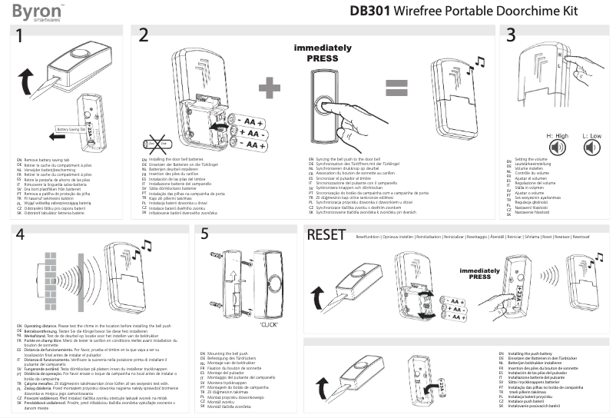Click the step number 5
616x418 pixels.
tap(204, 235)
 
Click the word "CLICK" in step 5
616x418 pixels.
tap(267, 324)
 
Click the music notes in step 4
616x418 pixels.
tap(145, 245)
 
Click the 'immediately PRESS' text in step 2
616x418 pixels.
tap(322, 52)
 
